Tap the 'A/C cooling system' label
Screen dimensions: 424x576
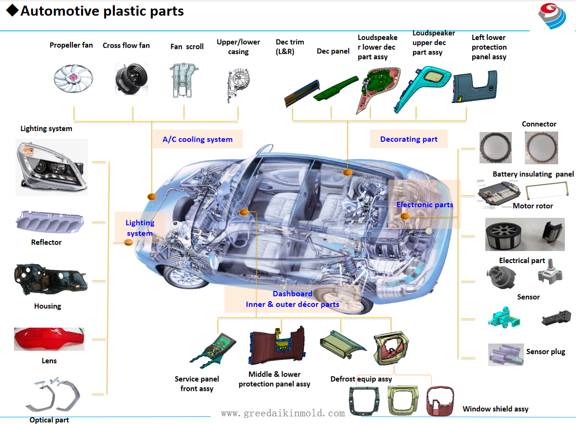coord(197,140)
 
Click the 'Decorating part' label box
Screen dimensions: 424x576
coord(409,139)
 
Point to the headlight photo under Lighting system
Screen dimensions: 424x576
coord(51,167)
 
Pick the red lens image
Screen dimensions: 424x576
coord(49,339)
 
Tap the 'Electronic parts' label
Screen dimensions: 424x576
coord(425,205)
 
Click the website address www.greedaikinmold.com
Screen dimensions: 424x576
coord(283,413)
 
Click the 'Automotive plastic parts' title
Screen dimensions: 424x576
coord(102,11)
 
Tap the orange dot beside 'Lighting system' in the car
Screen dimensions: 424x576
coord(129,242)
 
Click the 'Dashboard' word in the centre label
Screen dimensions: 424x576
coord(292,294)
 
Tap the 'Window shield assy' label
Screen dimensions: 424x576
coord(495,409)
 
